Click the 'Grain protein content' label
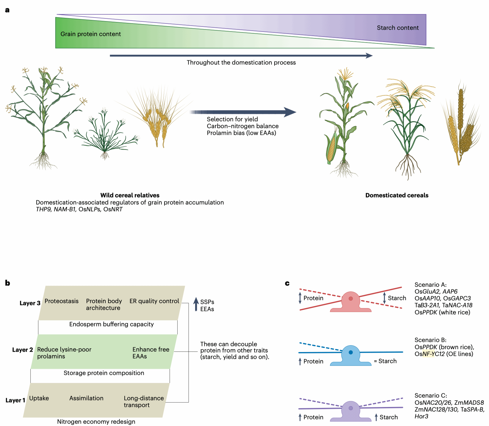pyautogui.click(x=90, y=34)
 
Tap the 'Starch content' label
pyautogui.click(x=397, y=28)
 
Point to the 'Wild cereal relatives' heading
pyautogui.click(x=130, y=195)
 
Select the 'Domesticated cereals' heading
pyautogui.click(x=396, y=195)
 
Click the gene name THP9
pyautogui.click(x=43, y=209)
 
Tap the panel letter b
pyautogui.click(x=7, y=283)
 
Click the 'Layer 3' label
pyautogui.click(x=30, y=303)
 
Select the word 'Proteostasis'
pyautogui.click(x=61, y=301)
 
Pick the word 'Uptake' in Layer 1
pyautogui.click(x=39, y=398)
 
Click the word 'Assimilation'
pyautogui.click(x=86, y=398)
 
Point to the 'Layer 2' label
pyautogui.click(x=22, y=350)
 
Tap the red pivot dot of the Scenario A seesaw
pyautogui.click(x=351, y=299)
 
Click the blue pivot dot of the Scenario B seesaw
pyautogui.click(x=351, y=352)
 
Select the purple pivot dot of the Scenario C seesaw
pyautogui.click(x=351, y=408)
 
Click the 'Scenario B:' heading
pyautogui.click(x=430, y=340)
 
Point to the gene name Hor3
pyautogui.click(x=421, y=416)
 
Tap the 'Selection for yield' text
pyautogui.click(x=232, y=119)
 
